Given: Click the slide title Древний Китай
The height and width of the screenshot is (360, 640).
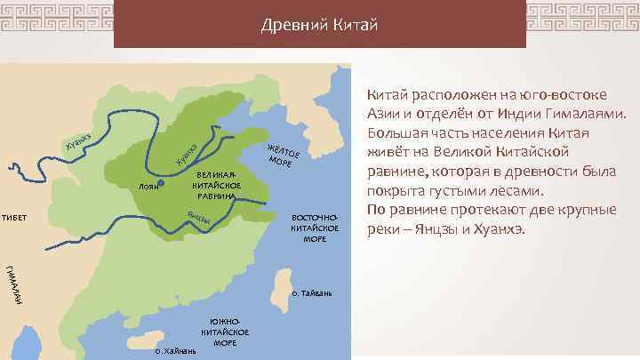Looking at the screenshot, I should pos(320,23).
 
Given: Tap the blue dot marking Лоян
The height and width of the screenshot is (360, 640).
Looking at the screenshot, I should pos(161,184).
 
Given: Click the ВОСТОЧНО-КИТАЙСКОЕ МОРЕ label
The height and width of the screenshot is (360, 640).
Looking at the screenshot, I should pos(315,228).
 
